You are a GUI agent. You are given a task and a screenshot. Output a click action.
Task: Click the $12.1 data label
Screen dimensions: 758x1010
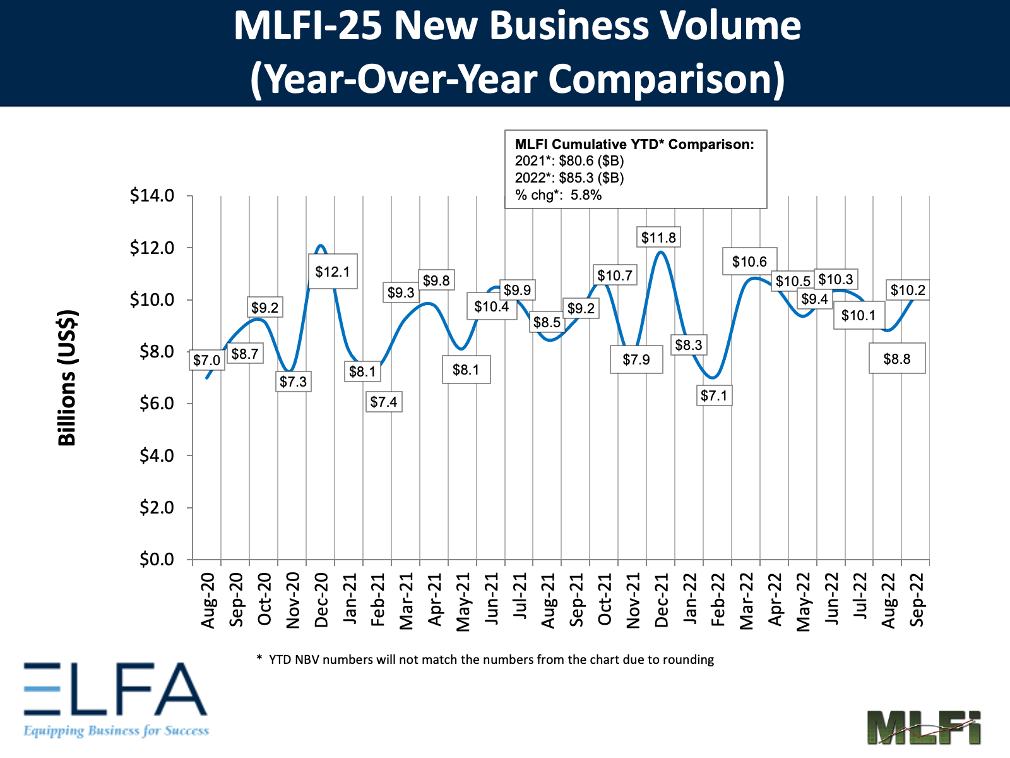pos(333,272)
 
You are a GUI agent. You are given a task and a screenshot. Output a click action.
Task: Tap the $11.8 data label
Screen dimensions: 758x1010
pos(658,238)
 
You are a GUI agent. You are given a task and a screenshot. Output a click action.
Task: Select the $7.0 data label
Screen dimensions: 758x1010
pos(206,360)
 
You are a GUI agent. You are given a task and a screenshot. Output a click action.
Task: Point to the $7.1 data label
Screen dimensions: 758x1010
pos(714,395)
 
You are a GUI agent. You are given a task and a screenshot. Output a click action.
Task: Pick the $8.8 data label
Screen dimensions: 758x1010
pos(896,359)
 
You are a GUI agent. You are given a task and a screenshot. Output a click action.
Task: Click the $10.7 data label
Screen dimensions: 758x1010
pos(615,275)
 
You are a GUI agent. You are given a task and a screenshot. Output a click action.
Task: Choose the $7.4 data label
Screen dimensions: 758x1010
pos(384,402)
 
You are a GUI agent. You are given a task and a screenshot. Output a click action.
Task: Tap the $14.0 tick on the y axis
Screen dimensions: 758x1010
pos(152,196)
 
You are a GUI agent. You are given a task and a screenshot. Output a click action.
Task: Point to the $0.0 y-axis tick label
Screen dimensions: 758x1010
pos(156,560)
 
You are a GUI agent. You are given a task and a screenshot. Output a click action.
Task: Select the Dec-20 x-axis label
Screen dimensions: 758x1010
pos(321,600)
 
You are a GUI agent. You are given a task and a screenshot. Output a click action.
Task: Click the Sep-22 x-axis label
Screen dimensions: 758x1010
pos(917,600)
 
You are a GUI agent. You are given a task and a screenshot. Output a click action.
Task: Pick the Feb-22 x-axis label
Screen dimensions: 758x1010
pos(718,600)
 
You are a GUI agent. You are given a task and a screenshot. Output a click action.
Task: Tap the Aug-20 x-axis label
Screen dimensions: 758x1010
pos(208,600)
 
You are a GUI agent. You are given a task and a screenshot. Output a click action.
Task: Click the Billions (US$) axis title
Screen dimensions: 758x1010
pos(68,378)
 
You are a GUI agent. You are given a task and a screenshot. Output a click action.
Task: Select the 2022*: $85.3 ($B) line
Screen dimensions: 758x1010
pos(569,178)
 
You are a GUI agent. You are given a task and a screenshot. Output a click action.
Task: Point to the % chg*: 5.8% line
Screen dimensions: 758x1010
pos(558,195)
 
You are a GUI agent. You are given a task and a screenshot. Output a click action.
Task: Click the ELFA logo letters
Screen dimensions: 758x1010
pos(116,689)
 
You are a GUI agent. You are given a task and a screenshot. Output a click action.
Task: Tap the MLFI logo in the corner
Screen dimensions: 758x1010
pos(924,728)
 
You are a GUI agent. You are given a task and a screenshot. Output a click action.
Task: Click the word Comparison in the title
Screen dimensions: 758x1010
pos(666,79)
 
